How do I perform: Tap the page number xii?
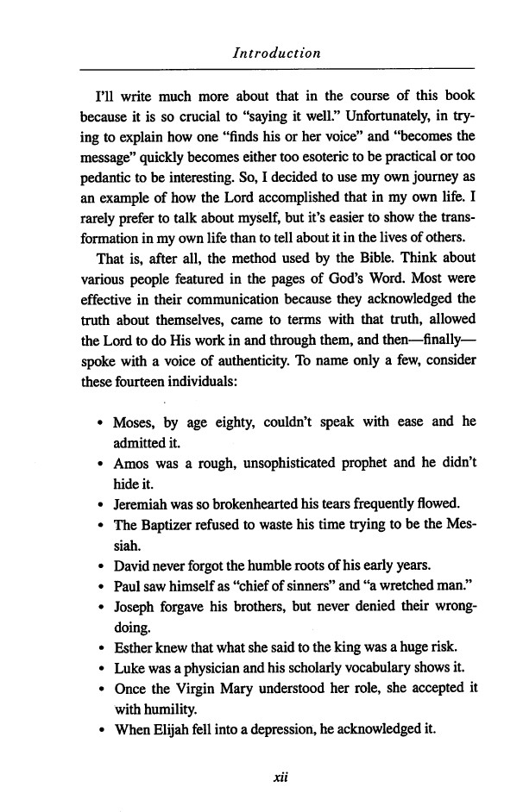tap(277, 774)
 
